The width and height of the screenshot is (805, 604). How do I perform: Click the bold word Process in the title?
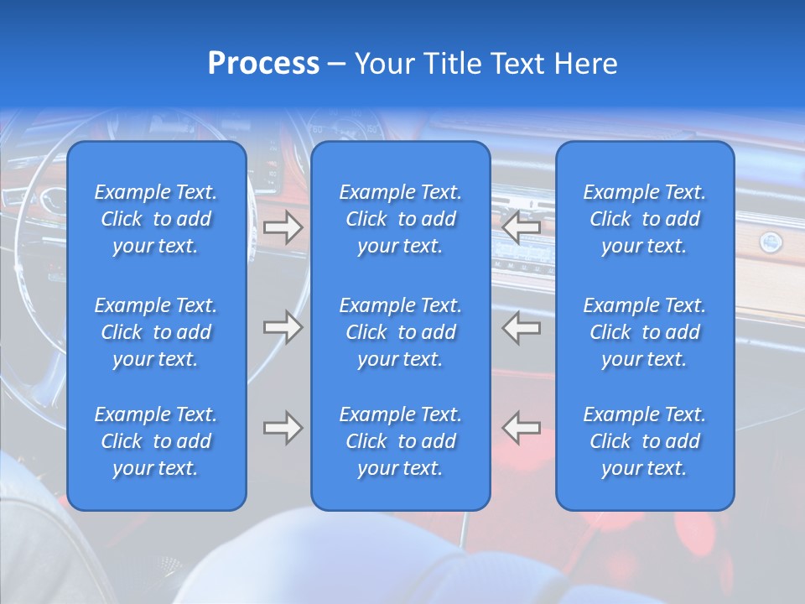coord(263,64)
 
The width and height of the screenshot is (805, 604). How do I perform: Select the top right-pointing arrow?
coord(283,227)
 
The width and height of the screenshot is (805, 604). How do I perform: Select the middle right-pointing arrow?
coord(283,327)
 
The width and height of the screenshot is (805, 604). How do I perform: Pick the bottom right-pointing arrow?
coord(283,428)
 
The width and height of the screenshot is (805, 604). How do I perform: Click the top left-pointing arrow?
coord(522,227)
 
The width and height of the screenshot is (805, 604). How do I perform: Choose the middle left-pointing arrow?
coord(522,327)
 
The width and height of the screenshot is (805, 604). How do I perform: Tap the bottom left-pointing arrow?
coord(522,428)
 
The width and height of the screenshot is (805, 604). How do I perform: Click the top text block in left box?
coord(156,219)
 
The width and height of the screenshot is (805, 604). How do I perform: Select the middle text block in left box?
coord(156,332)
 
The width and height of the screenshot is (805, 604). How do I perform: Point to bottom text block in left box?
coord(156,441)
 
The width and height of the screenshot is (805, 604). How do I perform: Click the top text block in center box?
coord(401,219)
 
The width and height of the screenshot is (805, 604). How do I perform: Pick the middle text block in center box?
coord(401,332)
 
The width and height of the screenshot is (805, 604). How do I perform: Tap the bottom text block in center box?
coord(401,441)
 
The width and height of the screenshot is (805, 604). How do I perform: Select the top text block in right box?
coord(645,219)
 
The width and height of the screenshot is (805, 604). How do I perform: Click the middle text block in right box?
coord(645,332)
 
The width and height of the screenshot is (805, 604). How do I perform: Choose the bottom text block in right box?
coord(645,441)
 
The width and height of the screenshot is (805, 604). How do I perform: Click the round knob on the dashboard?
coord(770,243)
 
